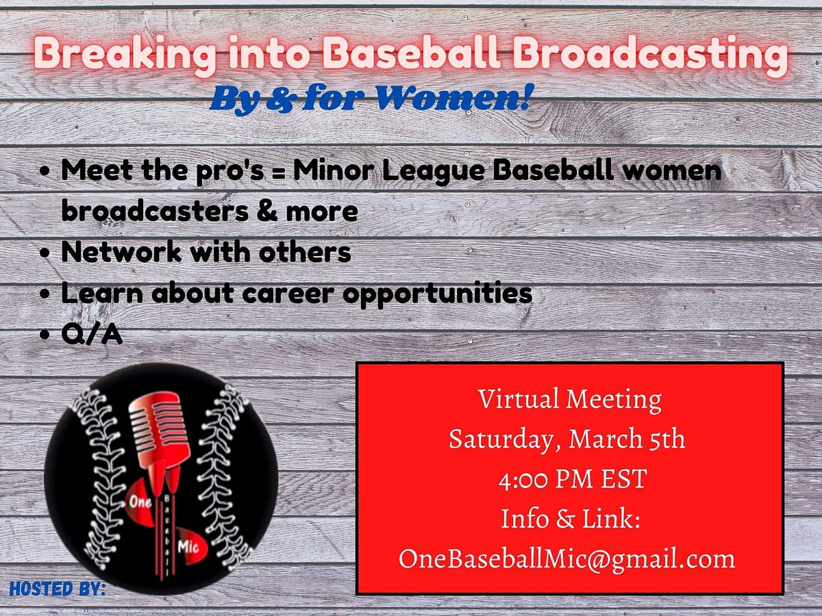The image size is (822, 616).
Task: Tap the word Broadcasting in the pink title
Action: coord(650,55)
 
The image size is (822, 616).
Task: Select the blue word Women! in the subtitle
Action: coord(453,97)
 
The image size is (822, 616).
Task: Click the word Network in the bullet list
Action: coord(121,252)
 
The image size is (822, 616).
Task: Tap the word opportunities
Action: coord(438,295)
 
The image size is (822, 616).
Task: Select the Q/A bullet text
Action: coord(92,334)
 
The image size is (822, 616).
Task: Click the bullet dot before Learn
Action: coord(45,294)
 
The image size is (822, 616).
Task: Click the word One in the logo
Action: coord(140,502)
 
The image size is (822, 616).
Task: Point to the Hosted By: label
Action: coord(58,589)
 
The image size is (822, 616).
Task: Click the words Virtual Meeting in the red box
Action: coord(570,400)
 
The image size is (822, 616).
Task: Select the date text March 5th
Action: coord(627,439)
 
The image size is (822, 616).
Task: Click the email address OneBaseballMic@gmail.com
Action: coord(566,560)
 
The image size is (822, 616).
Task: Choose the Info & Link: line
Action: coord(571,519)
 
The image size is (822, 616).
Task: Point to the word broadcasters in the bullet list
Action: coord(155,211)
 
